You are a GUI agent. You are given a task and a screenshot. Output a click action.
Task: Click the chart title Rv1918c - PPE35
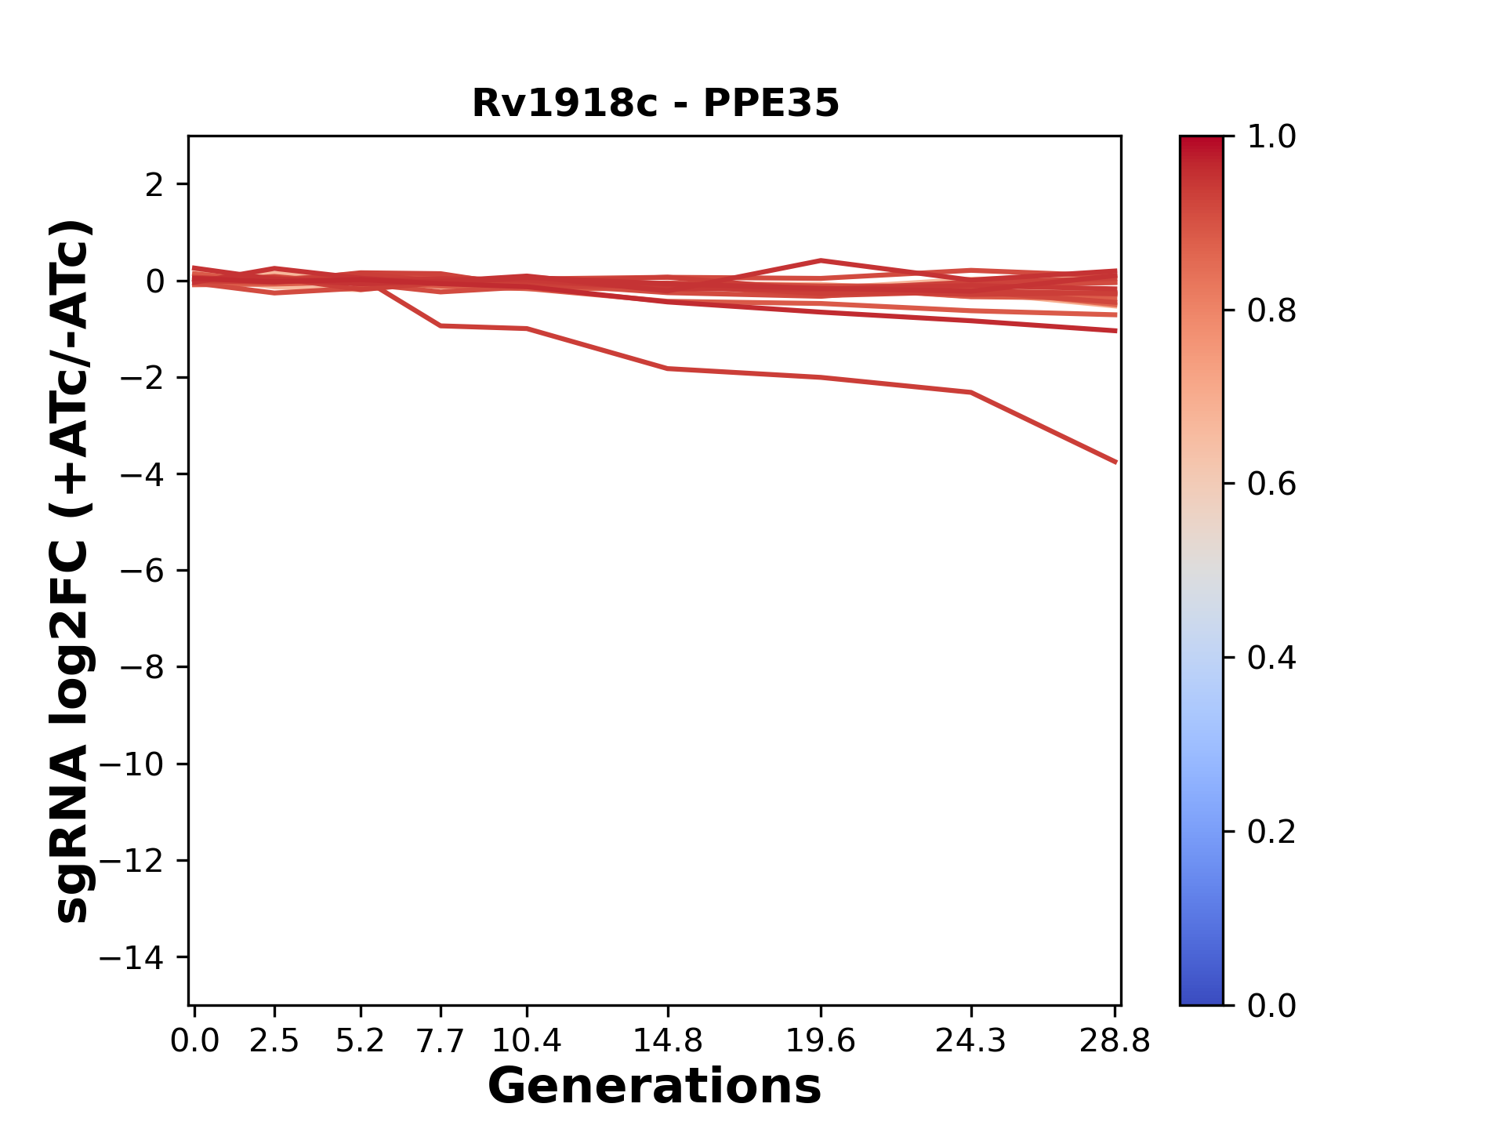[x=655, y=103]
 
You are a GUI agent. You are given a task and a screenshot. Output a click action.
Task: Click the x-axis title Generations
[x=655, y=1087]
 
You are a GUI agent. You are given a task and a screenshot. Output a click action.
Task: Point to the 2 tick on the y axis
[x=154, y=185]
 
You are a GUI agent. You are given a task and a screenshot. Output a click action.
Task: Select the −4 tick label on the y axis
[x=141, y=474]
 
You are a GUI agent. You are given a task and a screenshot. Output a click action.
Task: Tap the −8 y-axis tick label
[x=141, y=668]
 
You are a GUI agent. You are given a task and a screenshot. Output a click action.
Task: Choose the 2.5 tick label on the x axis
[x=274, y=1041]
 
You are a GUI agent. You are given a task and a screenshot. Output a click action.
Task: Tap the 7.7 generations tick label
[x=441, y=1041]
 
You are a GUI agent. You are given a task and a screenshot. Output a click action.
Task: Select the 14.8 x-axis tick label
[x=667, y=1041]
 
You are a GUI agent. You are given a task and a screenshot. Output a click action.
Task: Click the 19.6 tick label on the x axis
[x=820, y=1041]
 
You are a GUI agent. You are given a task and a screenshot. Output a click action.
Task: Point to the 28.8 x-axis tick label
[x=1115, y=1041]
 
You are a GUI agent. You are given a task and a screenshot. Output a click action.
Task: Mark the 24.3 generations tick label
[x=970, y=1041]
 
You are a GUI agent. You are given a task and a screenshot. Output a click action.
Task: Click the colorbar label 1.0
[x=1271, y=137]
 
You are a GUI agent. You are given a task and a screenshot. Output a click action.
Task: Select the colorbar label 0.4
[x=1271, y=658]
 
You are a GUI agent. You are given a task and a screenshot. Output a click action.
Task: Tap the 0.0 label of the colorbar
[x=1271, y=1005]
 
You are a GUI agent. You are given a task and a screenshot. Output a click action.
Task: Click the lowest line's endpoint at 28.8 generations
[x=1115, y=462]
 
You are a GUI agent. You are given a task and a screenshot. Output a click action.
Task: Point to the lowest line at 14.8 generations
[x=667, y=368]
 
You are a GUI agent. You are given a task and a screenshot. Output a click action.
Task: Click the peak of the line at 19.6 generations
[x=820, y=260]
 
